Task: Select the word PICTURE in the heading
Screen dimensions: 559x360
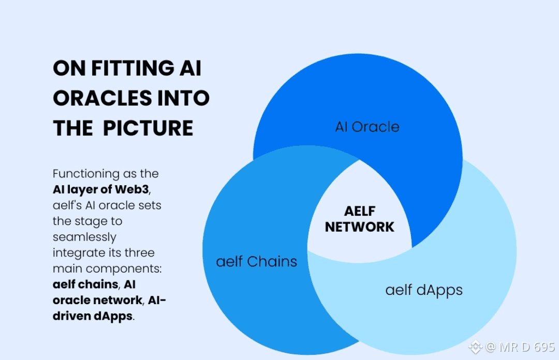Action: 148,128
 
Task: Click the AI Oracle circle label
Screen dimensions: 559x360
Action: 367,127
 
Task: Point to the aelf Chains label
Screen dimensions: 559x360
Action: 257,262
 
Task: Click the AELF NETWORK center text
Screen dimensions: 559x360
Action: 359,219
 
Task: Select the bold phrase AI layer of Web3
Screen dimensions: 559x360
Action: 101,190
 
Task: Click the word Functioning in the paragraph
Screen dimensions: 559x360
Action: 86,174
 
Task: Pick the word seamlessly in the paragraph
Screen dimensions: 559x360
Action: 84,237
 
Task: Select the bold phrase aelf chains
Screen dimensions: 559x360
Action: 85,284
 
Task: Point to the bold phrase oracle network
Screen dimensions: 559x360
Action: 98,300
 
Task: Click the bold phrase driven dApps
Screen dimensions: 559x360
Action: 93,316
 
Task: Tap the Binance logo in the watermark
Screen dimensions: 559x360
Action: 475,347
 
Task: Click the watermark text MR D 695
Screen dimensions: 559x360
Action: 527,347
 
